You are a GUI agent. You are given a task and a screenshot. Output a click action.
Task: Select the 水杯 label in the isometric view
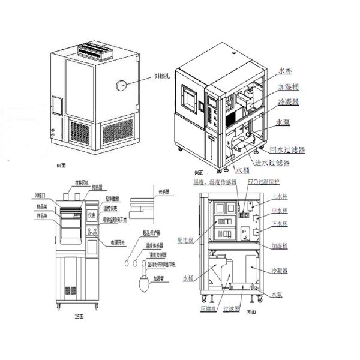286,71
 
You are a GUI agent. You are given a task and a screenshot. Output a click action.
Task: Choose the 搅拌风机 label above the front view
81,182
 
